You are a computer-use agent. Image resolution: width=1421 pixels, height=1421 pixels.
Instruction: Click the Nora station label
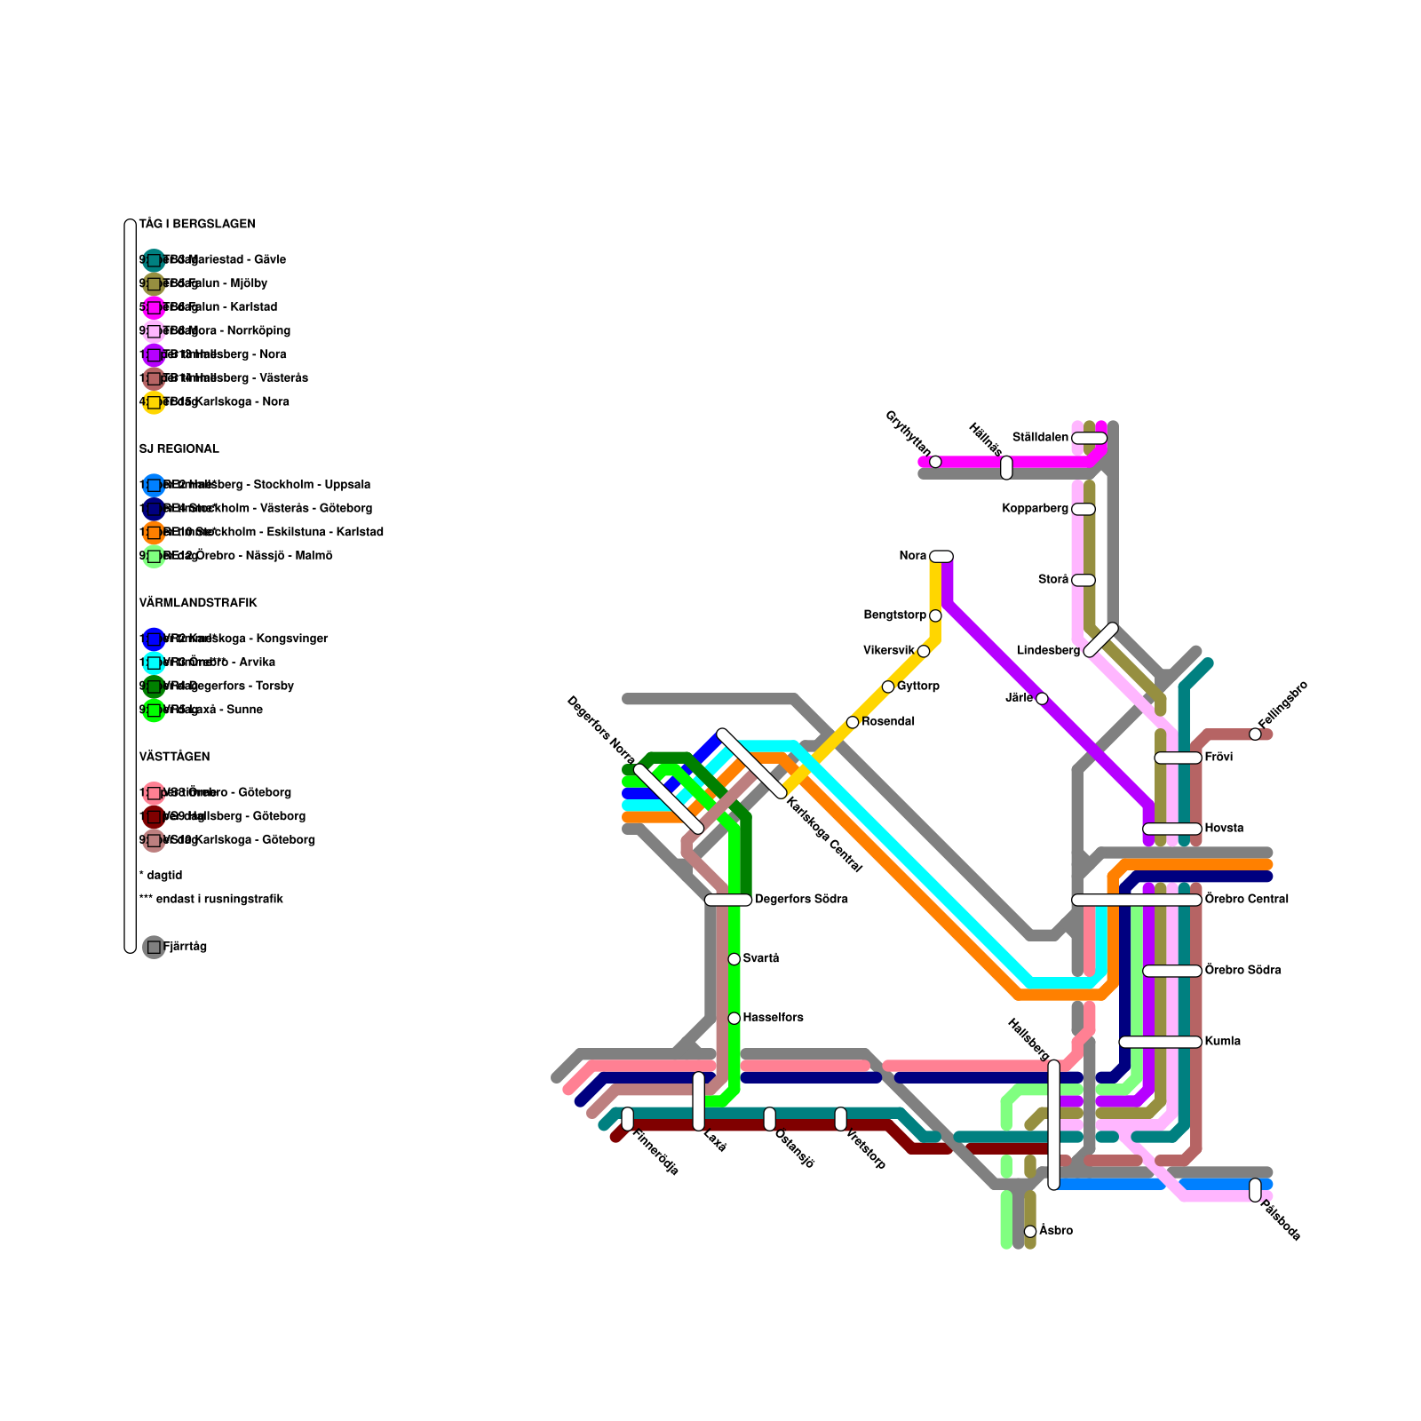point(912,556)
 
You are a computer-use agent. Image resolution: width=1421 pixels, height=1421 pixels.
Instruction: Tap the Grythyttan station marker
point(935,462)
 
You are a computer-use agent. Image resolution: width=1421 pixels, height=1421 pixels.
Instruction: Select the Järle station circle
point(1042,699)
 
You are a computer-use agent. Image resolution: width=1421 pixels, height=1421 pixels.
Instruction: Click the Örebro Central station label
point(1246,900)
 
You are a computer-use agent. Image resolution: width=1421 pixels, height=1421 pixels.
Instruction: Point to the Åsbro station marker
point(1030,1231)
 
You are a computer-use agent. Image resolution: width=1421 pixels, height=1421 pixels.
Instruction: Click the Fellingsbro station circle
point(1255,734)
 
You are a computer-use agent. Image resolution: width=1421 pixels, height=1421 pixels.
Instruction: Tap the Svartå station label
point(761,958)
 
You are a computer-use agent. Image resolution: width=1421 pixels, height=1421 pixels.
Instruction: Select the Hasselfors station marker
point(734,1018)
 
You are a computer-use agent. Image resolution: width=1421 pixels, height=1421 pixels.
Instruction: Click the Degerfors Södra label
point(801,900)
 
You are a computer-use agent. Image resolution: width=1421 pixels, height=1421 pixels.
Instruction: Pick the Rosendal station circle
point(853,722)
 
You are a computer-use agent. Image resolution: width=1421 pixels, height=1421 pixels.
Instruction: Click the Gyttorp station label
point(918,687)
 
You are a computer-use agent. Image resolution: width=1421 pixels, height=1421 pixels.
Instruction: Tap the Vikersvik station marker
point(924,651)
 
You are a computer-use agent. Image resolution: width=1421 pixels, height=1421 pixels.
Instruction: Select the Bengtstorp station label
point(894,615)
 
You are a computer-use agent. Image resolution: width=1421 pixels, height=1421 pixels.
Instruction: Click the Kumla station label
point(1222,1042)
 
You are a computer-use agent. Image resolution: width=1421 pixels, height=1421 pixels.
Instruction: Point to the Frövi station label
point(1219,758)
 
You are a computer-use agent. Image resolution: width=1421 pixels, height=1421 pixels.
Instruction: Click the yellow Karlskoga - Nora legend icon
point(154,402)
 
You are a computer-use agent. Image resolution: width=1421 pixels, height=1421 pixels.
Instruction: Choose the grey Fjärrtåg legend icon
point(154,947)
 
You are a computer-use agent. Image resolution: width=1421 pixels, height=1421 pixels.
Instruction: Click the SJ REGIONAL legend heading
point(179,449)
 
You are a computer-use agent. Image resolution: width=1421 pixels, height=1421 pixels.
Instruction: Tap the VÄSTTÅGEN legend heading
point(174,757)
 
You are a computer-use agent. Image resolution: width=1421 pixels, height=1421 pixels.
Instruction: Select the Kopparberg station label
point(1035,509)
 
